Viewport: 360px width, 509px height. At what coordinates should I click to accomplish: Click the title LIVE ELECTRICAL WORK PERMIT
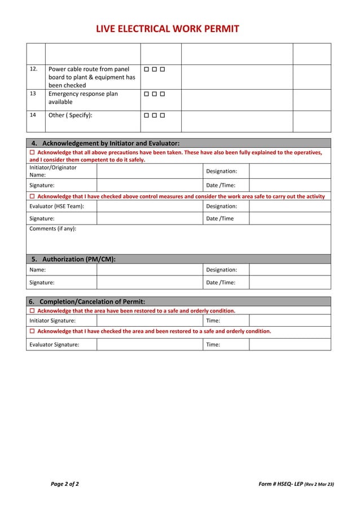(x=167, y=29)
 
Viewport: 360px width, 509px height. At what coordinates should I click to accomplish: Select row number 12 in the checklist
(x=33, y=69)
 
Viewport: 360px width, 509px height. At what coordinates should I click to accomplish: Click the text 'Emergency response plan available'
(x=83, y=98)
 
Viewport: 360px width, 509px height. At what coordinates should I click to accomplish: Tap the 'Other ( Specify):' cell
(x=71, y=115)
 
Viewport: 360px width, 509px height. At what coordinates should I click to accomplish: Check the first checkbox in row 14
(x=146, y=115)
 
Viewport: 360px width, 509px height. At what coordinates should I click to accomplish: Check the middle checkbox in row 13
(x=154, y=94)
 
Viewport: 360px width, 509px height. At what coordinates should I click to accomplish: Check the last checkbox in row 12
(x=162, y=69)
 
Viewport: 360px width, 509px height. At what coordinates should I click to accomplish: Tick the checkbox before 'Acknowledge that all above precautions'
(x=32, y=153)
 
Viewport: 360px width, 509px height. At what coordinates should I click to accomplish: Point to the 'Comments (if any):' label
(x=52, y=229)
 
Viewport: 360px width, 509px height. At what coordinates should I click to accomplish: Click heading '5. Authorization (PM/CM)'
(x=73, y=259)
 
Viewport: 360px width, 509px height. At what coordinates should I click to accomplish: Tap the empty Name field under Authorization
(x=149, y=270)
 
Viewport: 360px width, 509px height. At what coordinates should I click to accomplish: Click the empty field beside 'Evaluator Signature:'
(x=149, y=344)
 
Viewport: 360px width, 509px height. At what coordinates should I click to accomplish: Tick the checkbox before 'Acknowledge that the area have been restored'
(x=32, y=311)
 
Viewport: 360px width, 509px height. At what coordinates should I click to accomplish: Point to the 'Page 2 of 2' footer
(x=65, y=484)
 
